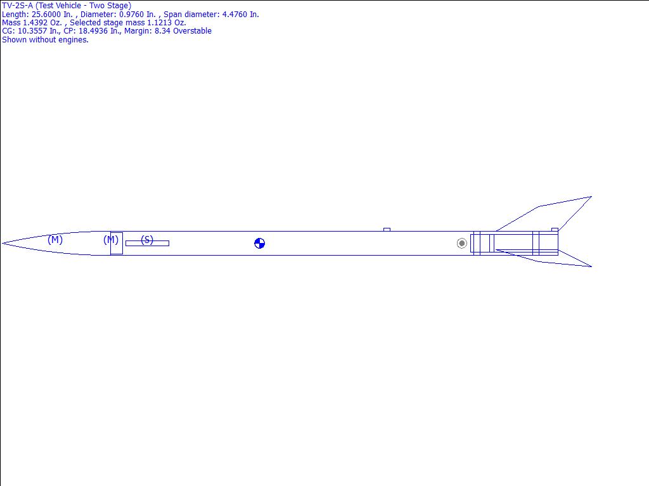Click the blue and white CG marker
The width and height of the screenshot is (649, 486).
coord(259,244)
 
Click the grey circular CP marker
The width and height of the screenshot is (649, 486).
coord(462,244)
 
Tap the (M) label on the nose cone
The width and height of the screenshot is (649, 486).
coord(55,240)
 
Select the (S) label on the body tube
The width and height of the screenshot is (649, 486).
coord(147,240)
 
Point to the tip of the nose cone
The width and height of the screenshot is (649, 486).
coord(3,244)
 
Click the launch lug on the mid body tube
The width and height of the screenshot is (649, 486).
coord(387,229)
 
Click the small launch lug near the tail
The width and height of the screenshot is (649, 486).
coord(555,229)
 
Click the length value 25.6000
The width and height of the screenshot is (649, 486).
coord(46,15)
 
